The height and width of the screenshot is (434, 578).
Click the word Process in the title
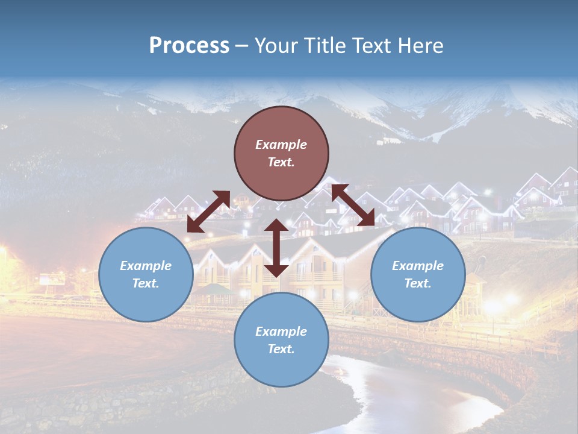[189, 46]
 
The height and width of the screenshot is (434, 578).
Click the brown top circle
[281, 153]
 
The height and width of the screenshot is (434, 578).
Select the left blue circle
[146, 274]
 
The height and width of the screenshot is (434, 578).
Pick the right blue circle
[418, 274]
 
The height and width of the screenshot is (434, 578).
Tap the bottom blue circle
[281, 339]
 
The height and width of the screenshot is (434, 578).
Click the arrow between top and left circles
[208, 212]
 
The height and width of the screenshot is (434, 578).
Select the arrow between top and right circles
[353, 206]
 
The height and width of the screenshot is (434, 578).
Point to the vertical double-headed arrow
[276, 248]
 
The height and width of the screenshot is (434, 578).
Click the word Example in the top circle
[281, 145]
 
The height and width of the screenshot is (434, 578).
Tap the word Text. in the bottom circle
[281, 349]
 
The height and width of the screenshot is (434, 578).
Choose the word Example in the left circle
[146, 266]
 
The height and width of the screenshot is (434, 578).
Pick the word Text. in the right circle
[418, 283]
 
